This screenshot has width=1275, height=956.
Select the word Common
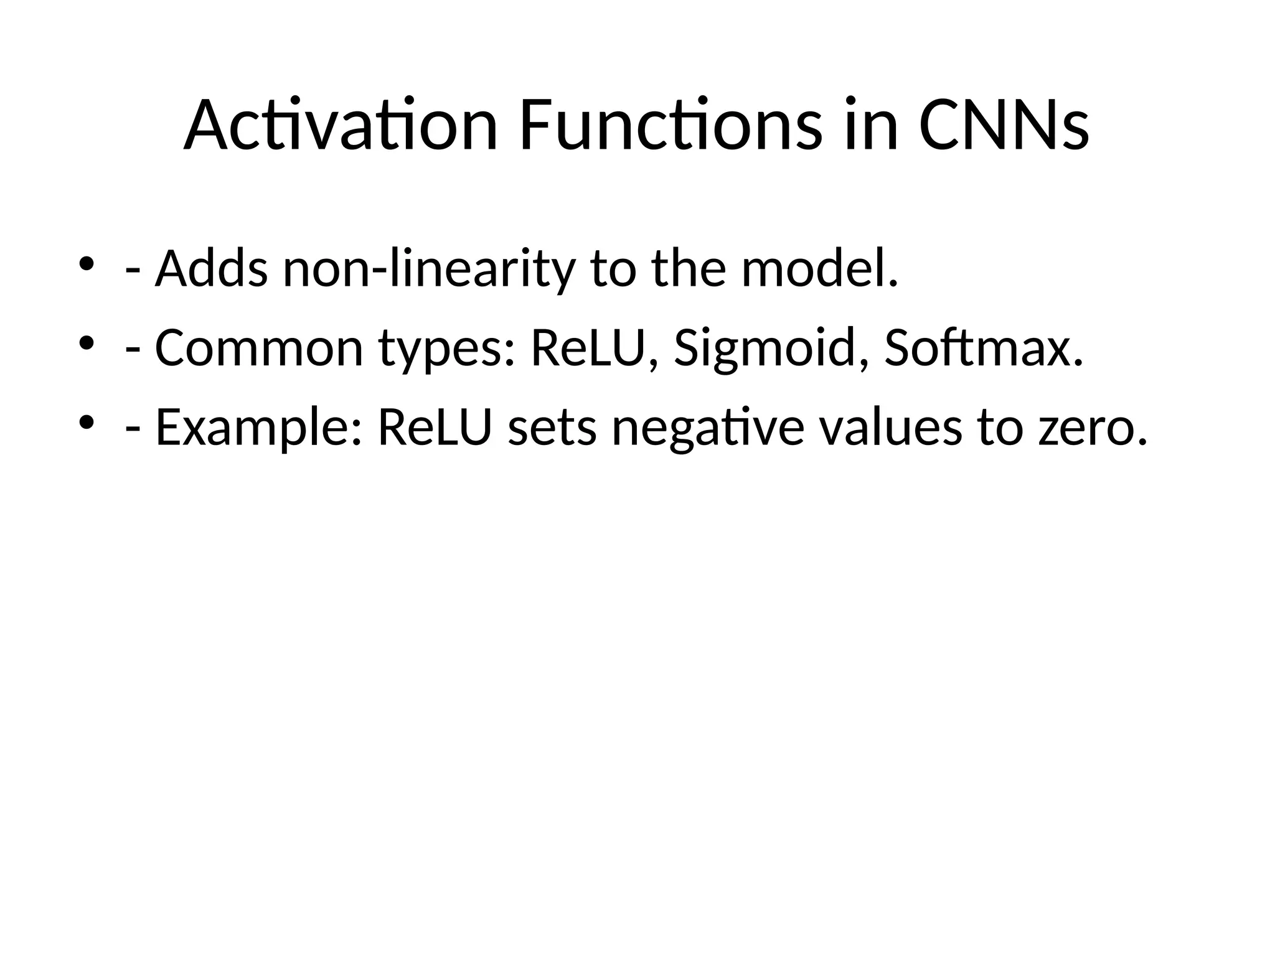(259, 348)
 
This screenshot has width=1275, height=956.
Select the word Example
(258, 429)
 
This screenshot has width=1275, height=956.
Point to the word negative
(708, 429)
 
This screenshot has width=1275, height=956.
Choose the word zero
(1093, 429)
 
